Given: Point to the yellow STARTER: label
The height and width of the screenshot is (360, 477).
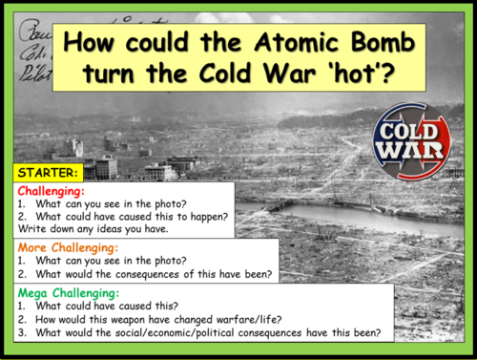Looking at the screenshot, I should (48, 174).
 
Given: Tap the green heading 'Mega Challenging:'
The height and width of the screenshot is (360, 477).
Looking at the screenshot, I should (67, 291).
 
